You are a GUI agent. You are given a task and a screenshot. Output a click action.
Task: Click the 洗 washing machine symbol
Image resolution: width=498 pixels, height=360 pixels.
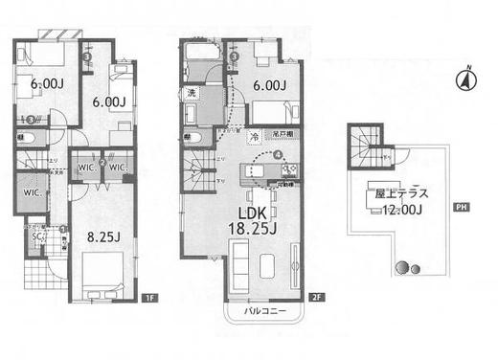coord(192,93)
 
